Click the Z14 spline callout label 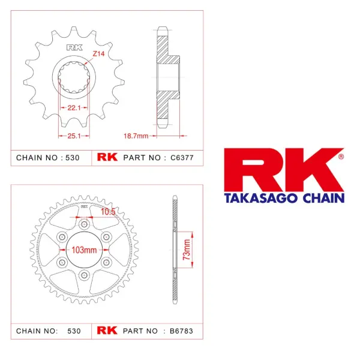pyautogui.click(x=98, y=54)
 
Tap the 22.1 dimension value pyautogui.click(x=74, y=107)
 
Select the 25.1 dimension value pyautogui.click(x=74, y=136)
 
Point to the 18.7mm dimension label pyautogui.click(x=136, y=136)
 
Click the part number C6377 pyautogui.click(x=182, y=158)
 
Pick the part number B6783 pyautogui.click(x=181, y=331)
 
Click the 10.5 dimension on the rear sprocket pyautogui.click(x=108, y=212)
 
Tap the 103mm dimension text pyautogui.click(x=84, y=250)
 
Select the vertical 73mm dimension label pyautogui.click(x=187, y=250)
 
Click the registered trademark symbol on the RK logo pyautogui.click(x=341, y=157)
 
